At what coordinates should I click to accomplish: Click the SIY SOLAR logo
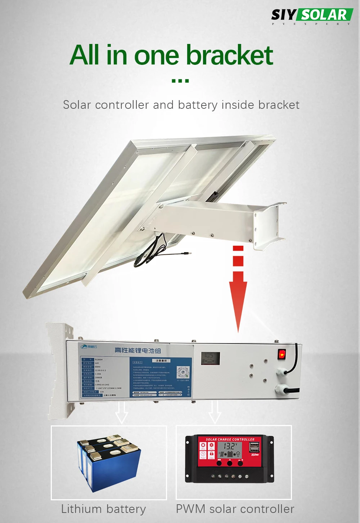point(312,16)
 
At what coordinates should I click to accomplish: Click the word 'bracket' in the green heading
point(229,55)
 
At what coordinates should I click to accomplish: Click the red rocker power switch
point(282,354)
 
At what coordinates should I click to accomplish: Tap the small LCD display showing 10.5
point(210,358)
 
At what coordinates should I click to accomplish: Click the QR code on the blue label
point(183,372)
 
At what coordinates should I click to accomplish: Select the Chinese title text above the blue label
point(138,350)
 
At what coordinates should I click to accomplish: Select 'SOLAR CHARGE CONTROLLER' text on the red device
point(230,439)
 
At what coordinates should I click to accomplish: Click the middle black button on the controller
point(230,463)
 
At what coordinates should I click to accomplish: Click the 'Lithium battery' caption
point(103,509)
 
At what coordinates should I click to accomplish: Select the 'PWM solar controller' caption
point(235,509)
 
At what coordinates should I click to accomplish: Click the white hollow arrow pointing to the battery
point(121,412)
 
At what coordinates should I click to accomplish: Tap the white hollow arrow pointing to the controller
point(215,412)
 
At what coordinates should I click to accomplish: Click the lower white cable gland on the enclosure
point(282,390)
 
